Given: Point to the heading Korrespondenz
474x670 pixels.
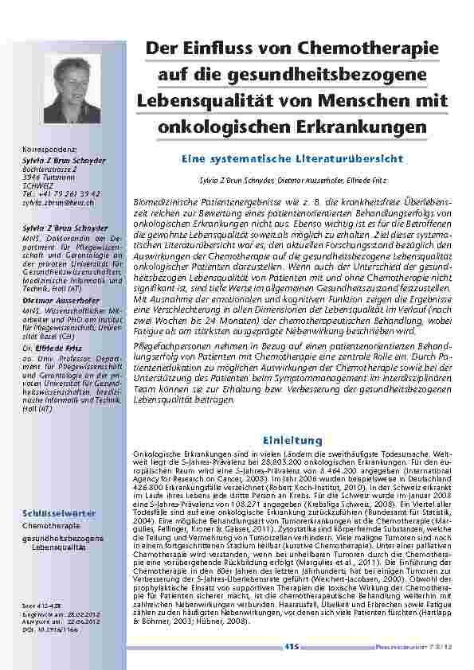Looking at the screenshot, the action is pyautogui.click(x=49, y=148).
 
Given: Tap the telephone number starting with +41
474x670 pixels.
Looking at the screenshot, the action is pyautogui.click(x=66, y=193).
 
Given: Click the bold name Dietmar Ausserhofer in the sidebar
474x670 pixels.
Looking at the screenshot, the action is pyautogui.click(x=60, y=300).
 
